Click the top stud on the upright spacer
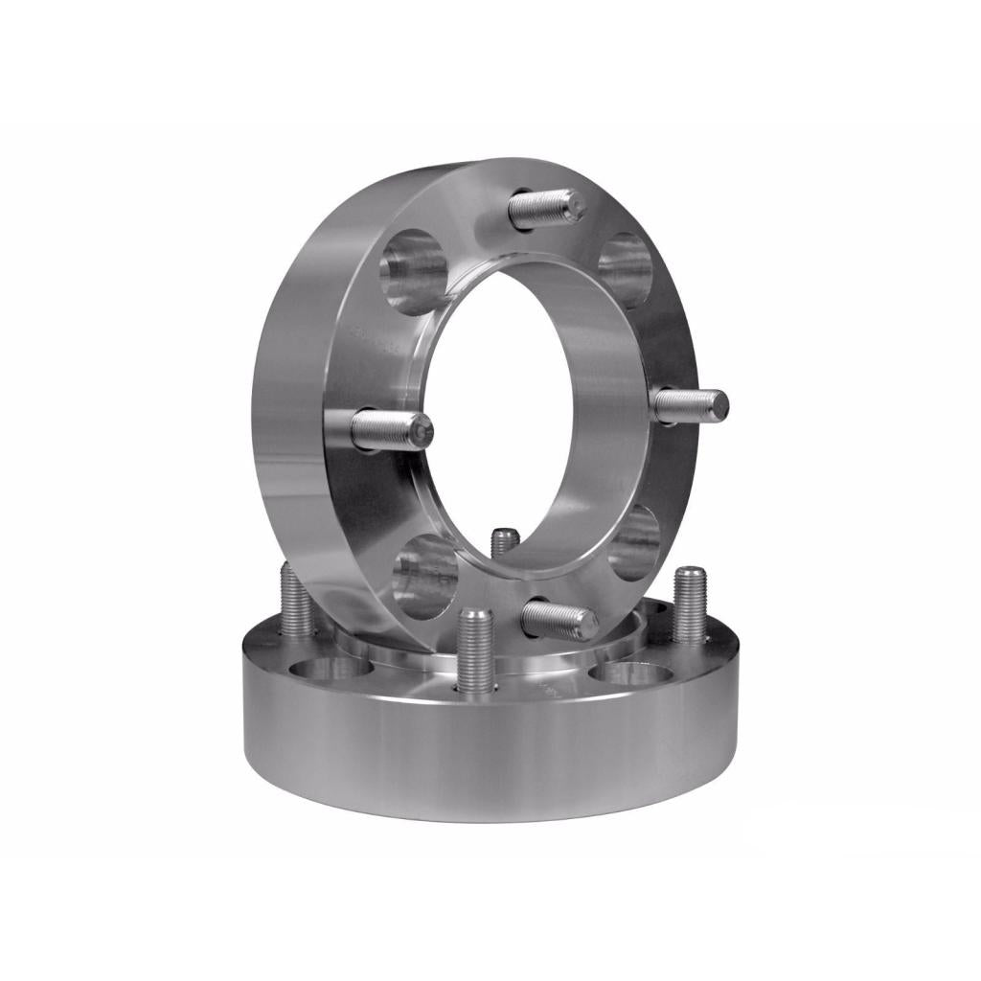tap(546, 209)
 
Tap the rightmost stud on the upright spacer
tap(692, 403)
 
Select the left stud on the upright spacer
tap(391, 430)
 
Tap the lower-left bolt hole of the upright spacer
tap(424, 575)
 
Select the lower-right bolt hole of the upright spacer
tap(634, 542)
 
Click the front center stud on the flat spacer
tap(474, 651)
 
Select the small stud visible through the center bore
tap(505, 542)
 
